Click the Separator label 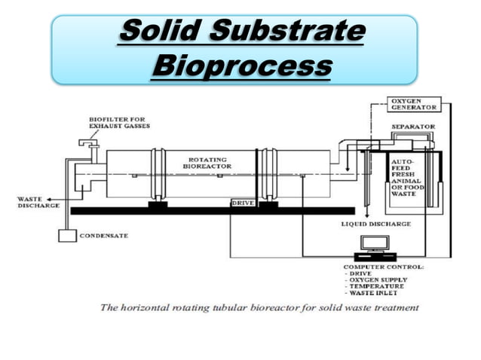tap(412, 126)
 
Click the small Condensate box tap(67, 235)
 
